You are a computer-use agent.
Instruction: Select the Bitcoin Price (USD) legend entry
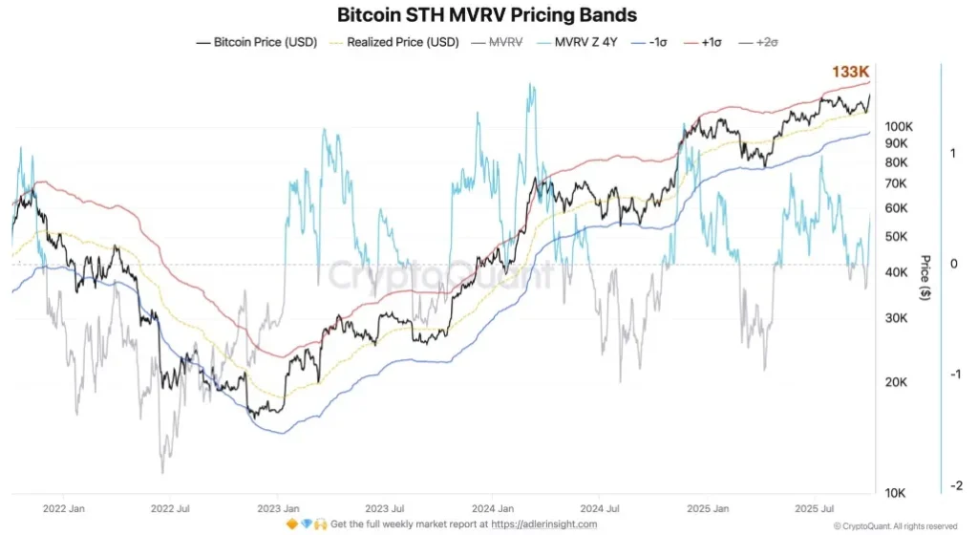256,42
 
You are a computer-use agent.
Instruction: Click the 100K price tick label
901,126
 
